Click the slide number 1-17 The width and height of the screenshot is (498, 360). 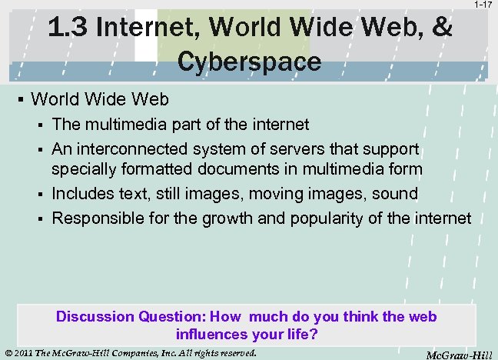(483, 5)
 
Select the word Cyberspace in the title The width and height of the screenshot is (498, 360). (249, 61)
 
